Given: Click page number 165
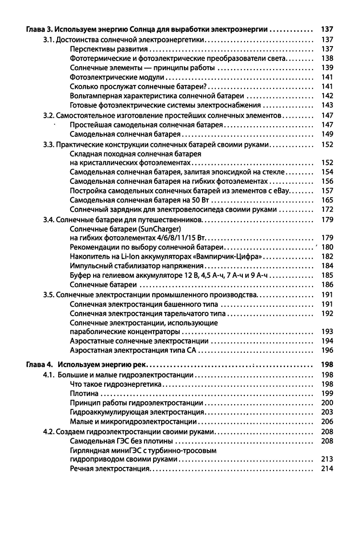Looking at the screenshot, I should [x=327, y=200].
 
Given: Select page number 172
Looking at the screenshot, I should [x=327, y=209].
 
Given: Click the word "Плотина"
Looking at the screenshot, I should [x=84, y=394].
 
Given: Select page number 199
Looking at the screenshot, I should [x=327, y=394].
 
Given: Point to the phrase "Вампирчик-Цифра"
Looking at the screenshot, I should [x=233, y=257].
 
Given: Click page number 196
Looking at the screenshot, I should [x=327, y=351].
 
